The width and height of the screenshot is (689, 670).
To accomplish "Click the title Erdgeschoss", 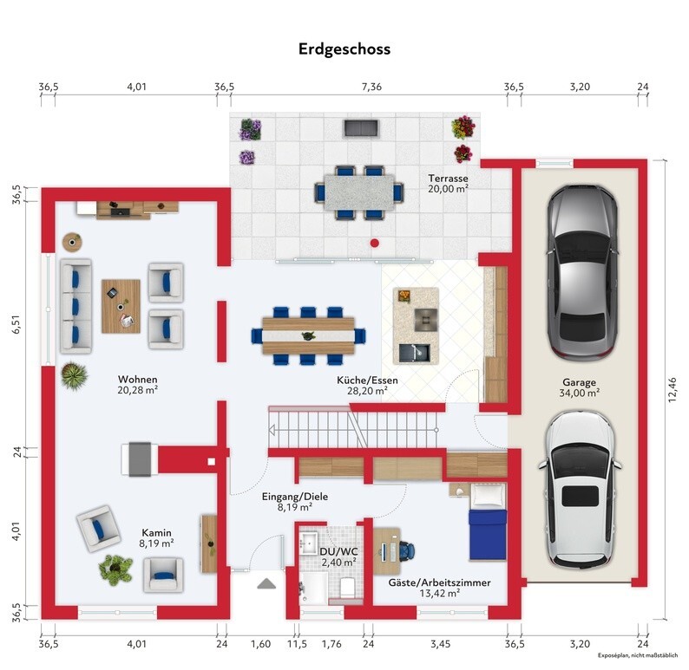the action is pos(344,49).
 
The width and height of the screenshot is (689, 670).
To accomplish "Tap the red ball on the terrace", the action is pos(374,243).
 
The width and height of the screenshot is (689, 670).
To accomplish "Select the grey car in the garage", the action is pos(581,273).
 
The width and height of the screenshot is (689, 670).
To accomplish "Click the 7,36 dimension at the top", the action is pos(371,87).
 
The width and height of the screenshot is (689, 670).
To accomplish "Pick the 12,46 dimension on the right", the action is pos(673,390).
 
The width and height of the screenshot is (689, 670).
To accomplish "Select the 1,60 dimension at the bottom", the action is pos(260,644).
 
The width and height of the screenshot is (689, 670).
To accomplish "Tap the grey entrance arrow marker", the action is pos(266,583).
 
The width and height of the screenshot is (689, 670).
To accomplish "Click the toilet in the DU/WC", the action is pos(348,587).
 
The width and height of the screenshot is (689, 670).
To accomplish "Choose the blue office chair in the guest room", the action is pos(406,551).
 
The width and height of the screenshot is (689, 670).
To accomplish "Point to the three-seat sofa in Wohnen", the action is pos(75,306).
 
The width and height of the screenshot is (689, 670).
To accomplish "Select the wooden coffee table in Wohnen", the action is pos(121,306).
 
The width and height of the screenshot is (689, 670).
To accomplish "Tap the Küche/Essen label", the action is pos(367,380).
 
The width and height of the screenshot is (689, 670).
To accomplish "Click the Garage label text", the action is pos(579,382).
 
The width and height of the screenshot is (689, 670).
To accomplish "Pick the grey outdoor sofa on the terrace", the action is pos(361,127).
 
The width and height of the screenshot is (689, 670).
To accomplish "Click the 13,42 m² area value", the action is pos(439,593).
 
